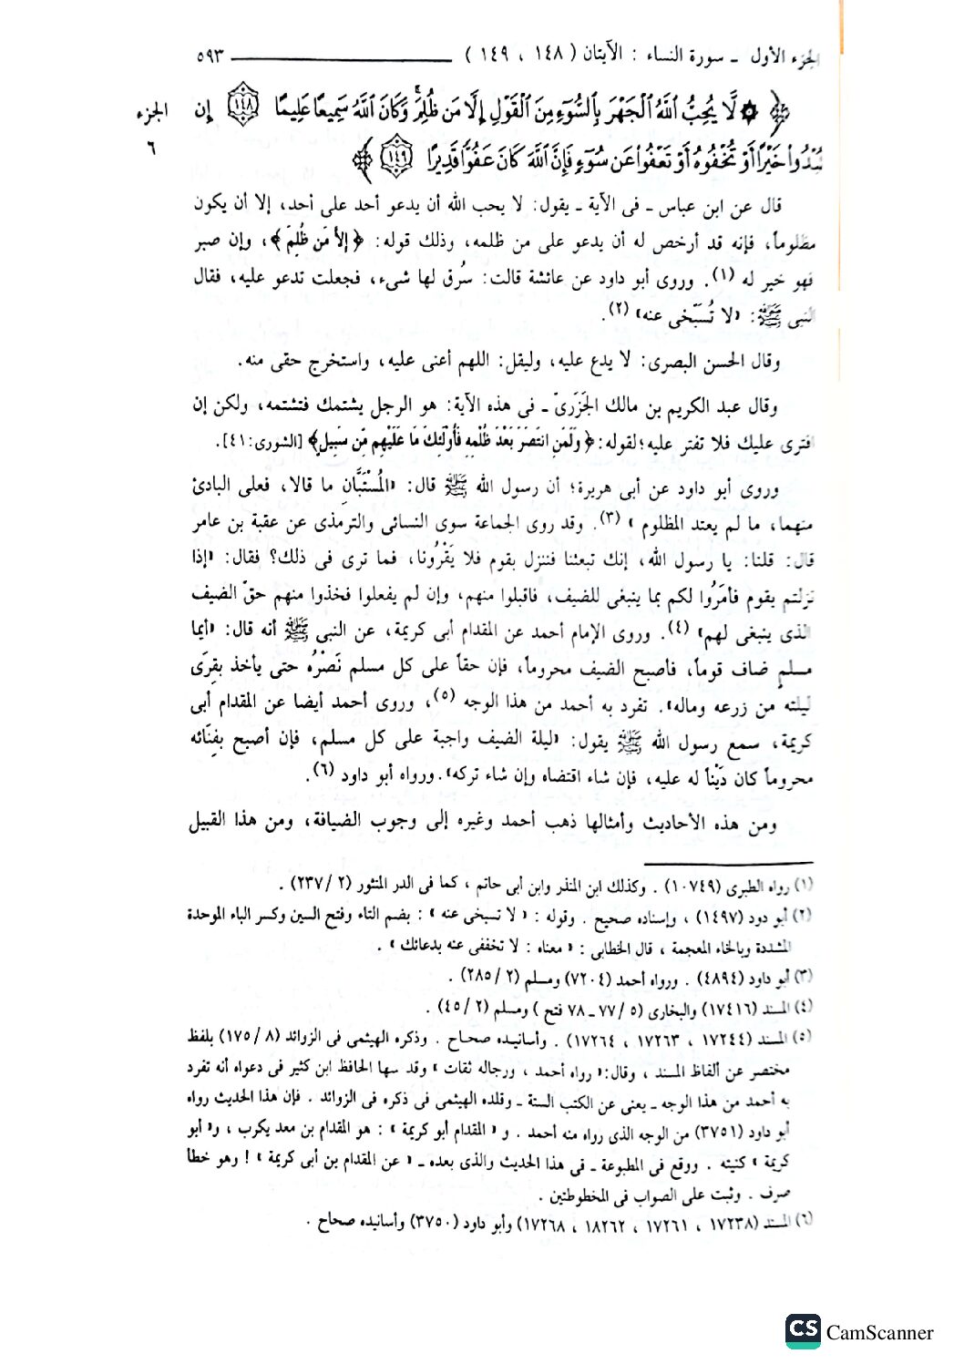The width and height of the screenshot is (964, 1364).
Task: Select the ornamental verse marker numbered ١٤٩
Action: click(x=394, y=157)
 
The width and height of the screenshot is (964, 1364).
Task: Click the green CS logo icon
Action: click(x=803, y=1330)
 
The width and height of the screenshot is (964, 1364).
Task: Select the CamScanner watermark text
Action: click(x=879, y=1333)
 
